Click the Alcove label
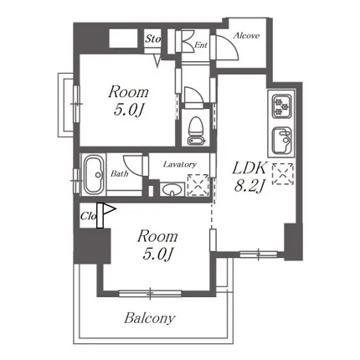click(246, 36)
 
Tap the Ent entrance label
click(201, 44)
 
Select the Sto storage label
click(152, 39)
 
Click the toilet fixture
click(196, 131)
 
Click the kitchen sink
click(281, 141)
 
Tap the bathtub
click(95, 174)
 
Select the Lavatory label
click(180, 164)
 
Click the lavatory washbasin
click(172, 189)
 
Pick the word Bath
click(120, 174)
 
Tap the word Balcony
click(150, 318)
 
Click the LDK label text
click(249, 168)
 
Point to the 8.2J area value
click(249, 186)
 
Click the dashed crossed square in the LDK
click(283, 174)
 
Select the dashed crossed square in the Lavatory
click(198, 185)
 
